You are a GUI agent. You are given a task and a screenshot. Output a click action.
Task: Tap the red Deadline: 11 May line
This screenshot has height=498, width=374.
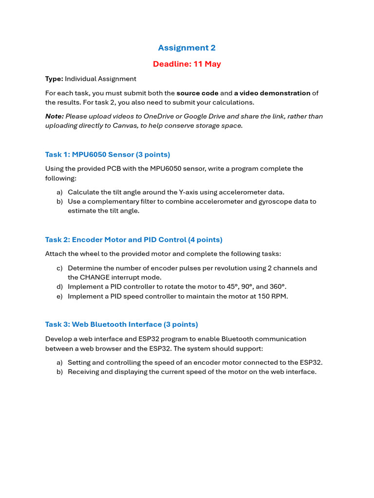[x=187, y=64]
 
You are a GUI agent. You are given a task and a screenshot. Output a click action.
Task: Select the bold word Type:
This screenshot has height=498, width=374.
[x=54, y=79]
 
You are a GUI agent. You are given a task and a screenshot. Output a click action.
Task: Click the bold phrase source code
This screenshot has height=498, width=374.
[x=197, y=93]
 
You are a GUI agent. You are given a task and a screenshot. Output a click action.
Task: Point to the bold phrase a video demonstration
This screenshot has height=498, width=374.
[x=272, y=93]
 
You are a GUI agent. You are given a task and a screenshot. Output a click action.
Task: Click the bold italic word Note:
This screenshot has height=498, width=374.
[x=54, y=116]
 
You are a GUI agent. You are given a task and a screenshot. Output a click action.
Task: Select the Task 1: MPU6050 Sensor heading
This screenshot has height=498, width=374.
[x=108, y=155]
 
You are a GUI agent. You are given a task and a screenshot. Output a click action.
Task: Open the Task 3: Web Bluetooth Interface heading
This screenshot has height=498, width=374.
[x=121, y=324]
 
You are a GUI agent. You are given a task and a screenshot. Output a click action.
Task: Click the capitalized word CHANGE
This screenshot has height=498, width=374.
[x=95, y=277]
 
